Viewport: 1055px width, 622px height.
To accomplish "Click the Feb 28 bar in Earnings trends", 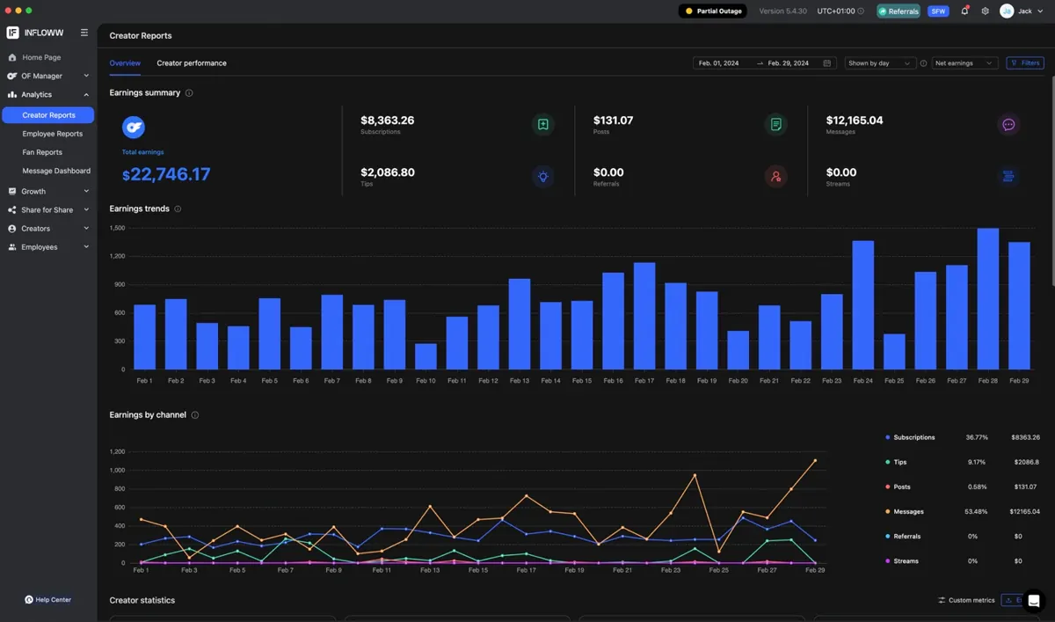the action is click(x=987, y=299).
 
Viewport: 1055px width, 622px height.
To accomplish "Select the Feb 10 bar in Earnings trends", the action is click(x=426, y=356).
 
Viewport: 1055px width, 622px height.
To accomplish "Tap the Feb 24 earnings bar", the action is click(x=862, y=305).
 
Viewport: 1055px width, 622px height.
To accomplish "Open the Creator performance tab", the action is click(x=192, y=63).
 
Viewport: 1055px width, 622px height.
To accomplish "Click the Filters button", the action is click(x=1025, y=63).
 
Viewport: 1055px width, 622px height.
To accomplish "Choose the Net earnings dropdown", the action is click(x=964, y=63).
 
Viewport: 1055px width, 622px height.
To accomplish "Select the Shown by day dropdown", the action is click(x=879, y=63).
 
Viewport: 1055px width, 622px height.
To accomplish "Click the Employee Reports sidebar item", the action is click(x=52, y=134).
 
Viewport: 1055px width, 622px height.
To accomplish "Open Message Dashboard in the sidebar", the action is click(x=56, y=171).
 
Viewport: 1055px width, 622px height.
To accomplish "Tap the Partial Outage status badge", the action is click(x=713, y=11).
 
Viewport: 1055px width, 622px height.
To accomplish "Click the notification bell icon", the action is click(x=964, y=11).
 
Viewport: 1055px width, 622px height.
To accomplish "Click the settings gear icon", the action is click(x=985, y=11).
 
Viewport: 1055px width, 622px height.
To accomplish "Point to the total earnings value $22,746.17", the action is click(x=166, y=174).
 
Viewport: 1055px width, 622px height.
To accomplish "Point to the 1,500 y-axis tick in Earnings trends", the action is click(x=117, y=228).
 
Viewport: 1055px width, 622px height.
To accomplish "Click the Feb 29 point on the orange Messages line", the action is click(x=815, y=460).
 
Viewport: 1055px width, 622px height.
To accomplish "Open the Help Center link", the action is click(x=48, y=600).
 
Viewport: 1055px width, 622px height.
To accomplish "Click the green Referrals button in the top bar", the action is click(x=899, y=11).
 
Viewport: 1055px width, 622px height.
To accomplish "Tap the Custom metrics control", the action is click(x=966, y=600).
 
